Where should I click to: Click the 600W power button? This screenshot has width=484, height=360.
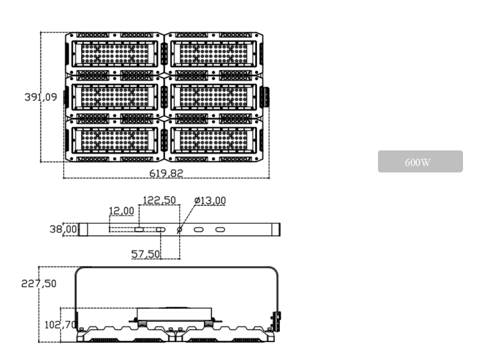(420, 162)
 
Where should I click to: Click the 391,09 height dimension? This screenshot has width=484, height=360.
(41, 97)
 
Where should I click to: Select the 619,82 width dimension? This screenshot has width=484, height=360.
(167, 173)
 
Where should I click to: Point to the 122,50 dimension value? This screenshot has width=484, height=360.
(159, 200)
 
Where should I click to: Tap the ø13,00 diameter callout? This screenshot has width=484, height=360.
(210, 200)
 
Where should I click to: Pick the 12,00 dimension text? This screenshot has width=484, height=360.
(121, 211)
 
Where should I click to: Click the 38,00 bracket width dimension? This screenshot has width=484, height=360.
(63, 229)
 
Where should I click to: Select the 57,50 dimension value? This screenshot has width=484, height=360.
(146, 254)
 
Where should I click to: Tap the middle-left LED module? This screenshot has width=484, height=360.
(115, 96)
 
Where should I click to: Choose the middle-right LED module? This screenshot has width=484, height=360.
(214, 96)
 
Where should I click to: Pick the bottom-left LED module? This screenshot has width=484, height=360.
(115, 139)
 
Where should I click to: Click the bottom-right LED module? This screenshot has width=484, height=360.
(214, 139)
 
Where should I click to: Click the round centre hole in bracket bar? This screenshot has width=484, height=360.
(179, 229)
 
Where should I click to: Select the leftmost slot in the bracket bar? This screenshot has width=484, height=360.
(139, 229)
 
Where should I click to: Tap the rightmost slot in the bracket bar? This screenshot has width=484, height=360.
(220, 229)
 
